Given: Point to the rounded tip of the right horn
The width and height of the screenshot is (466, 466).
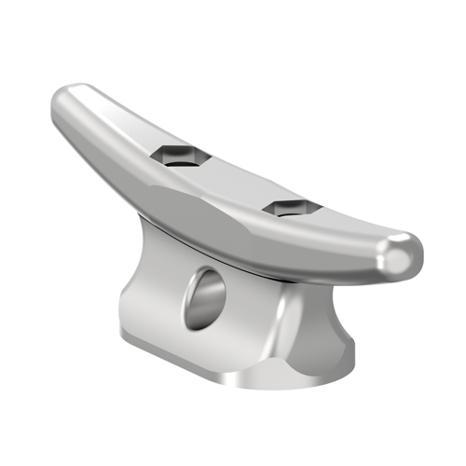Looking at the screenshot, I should pos(404,254).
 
